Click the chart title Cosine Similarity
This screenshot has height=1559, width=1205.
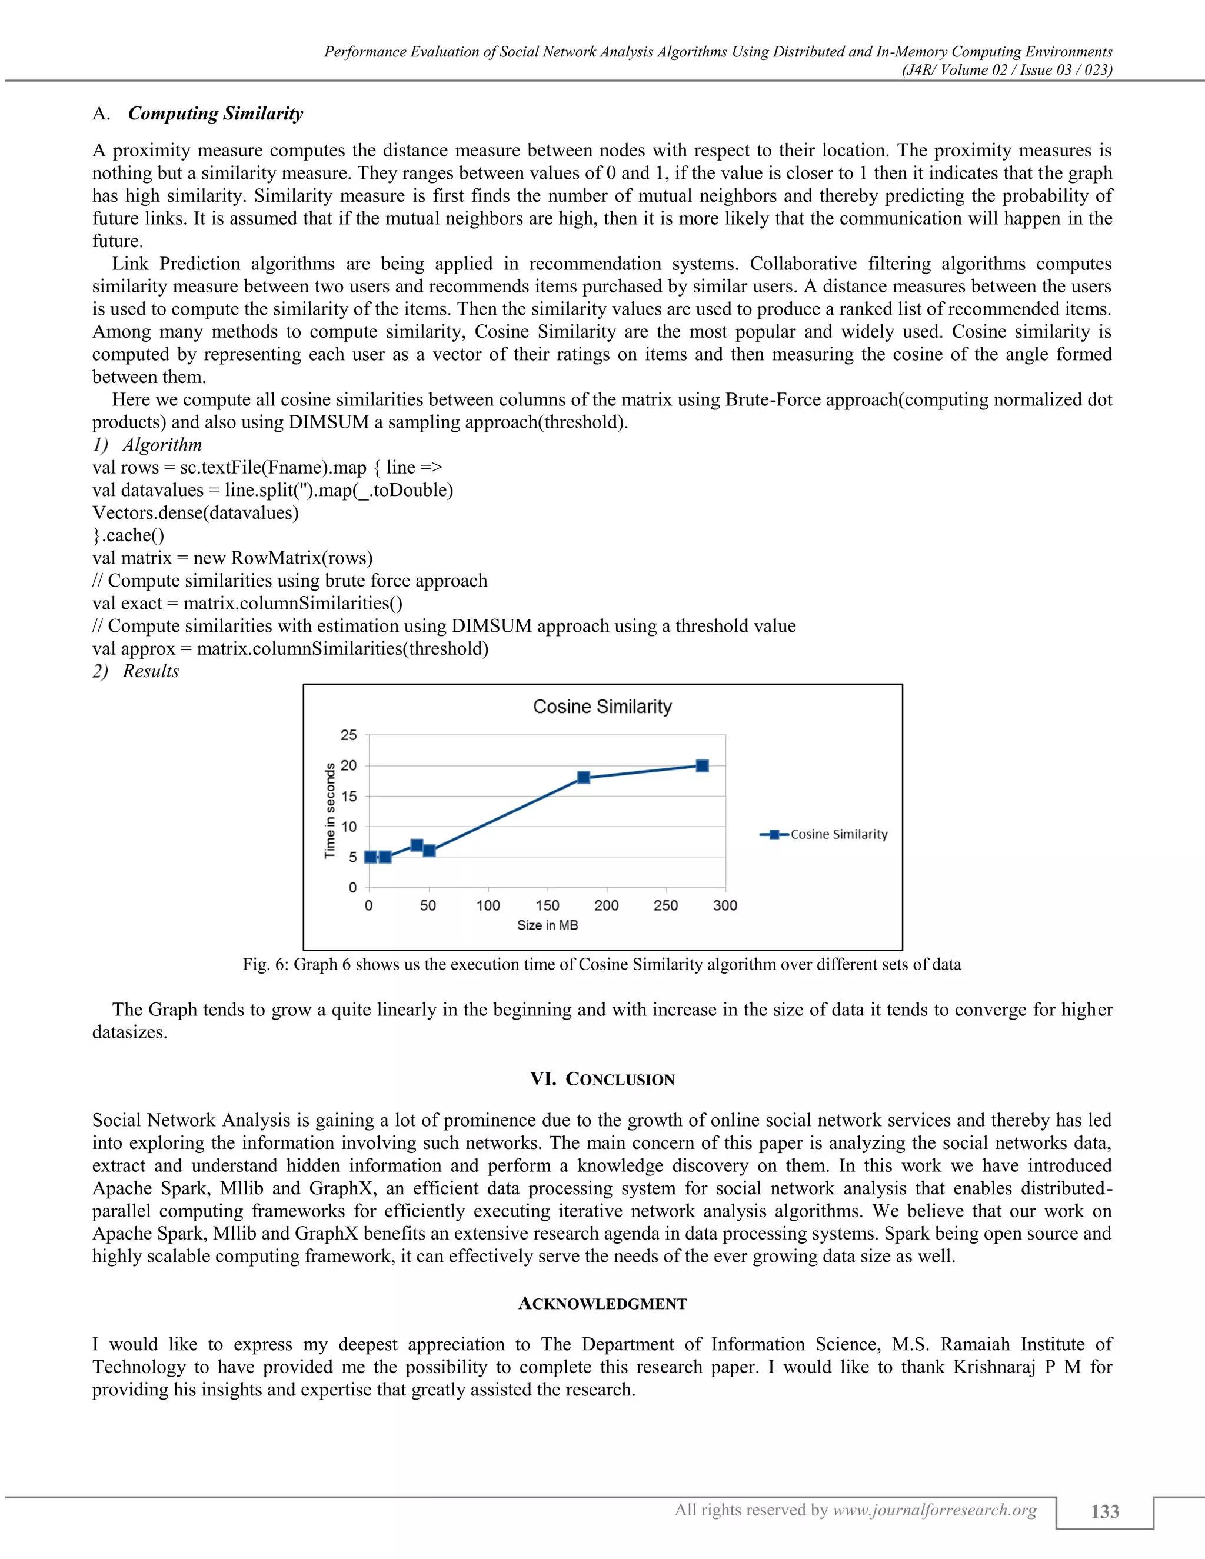tap(602, 707)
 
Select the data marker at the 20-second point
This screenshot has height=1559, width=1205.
tap(702, 766)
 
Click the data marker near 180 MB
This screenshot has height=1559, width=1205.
tap(583, 777)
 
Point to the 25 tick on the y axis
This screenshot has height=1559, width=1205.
tap(348, 735)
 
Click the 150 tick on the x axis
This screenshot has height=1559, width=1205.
tap(548, 905)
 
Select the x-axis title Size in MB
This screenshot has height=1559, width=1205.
tap(548, 925)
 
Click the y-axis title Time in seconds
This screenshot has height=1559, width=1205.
tap(330, 810)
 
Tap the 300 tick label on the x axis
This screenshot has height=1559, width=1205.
tap(724, 905)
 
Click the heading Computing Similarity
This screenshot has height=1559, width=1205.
tap(215, 114)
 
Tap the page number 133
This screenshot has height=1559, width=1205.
tap(1104, 1511)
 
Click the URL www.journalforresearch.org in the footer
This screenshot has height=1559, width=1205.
tap(934, 1510)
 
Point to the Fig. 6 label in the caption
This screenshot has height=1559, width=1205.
tap(265, 964)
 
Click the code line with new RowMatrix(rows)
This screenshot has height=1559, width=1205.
tap(232, 558)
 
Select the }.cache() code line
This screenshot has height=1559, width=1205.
tap(128, 535)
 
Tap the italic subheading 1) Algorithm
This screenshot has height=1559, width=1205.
tap(147, 445)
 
